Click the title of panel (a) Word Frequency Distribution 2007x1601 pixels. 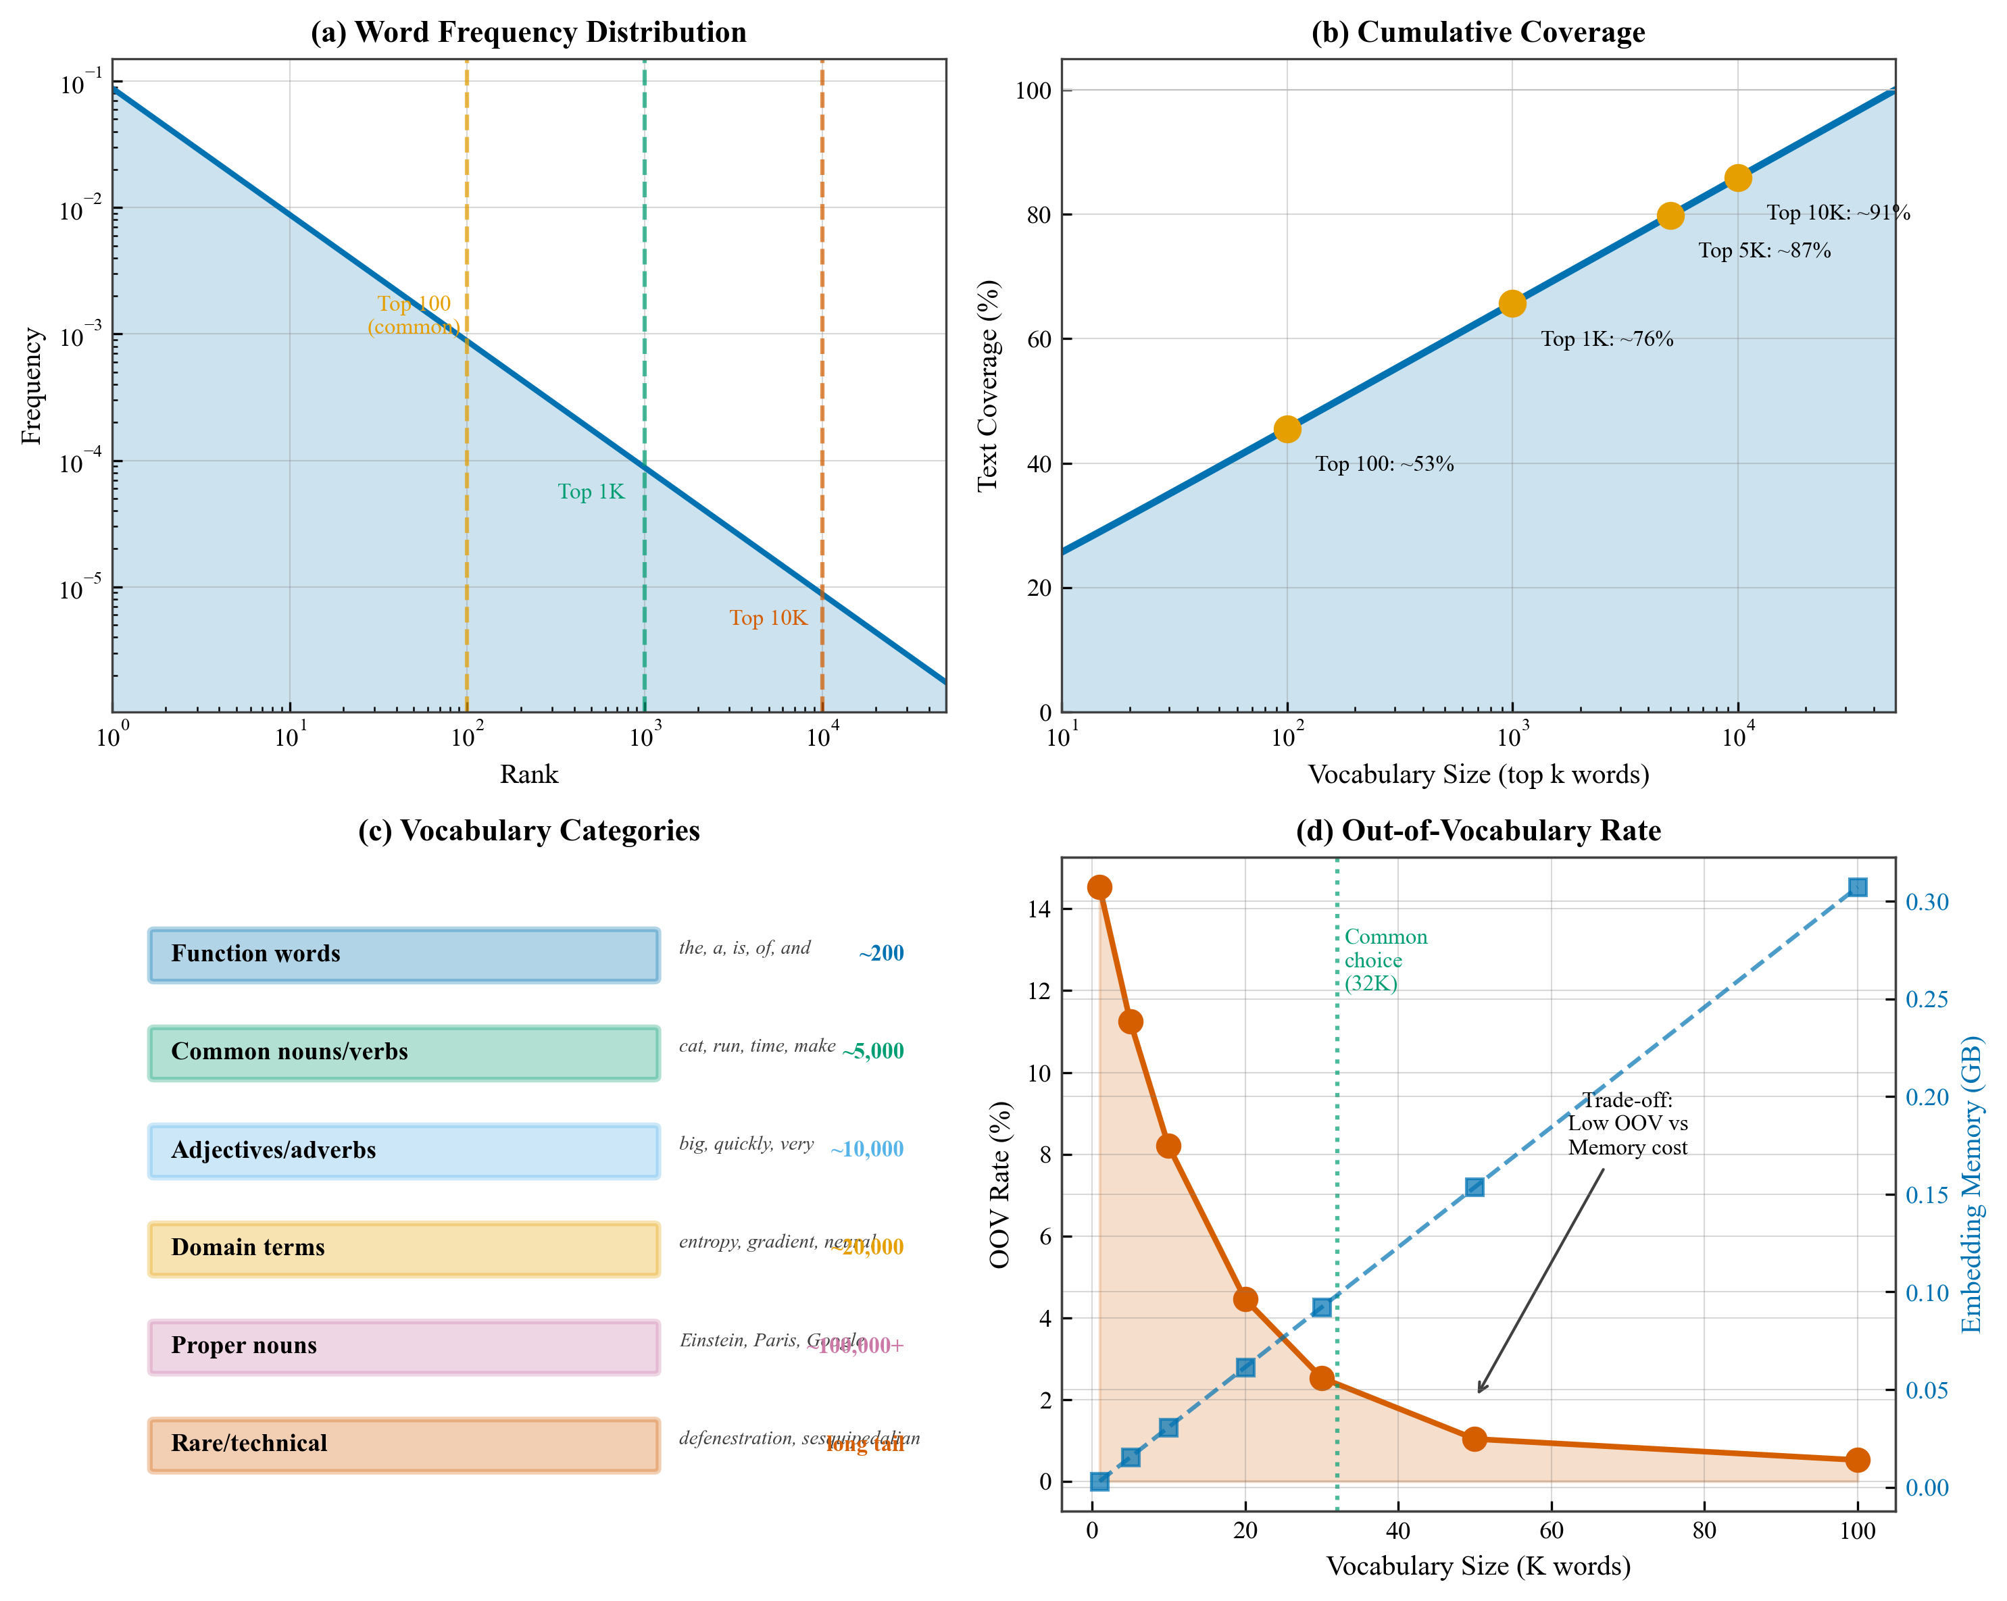(x=528, y=32)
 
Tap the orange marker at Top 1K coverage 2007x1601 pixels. (x=1512, y=303)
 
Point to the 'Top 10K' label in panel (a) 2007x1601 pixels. (x=767, y=618)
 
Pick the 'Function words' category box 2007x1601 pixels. (x=404, y=954)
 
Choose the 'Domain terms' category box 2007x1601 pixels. (x=404, y=1248)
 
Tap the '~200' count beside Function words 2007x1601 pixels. (x=881, y=953)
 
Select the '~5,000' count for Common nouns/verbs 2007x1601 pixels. (x=872, y=1051)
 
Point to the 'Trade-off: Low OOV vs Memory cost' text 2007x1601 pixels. (x=1627, y=1123)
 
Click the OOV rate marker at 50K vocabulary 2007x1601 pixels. (x=1475, y=1439)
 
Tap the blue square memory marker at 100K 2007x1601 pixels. (x=1857, y=887)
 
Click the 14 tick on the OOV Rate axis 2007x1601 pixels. (x=1039, y=909)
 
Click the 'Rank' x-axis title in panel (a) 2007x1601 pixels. (x=528, y=774)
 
